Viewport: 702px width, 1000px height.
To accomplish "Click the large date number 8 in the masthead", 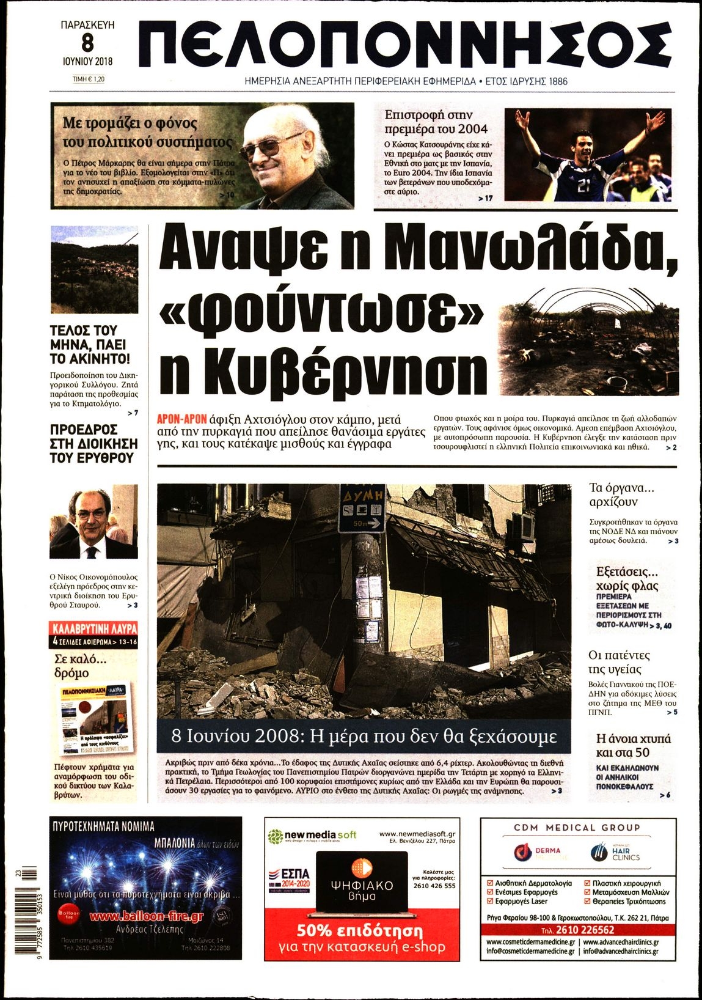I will click(x=88, y=42).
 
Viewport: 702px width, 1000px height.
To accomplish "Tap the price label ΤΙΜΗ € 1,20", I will click(x=89, y=79).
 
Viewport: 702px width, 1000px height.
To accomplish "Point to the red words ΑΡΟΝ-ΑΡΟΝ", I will click(x=181, y=420).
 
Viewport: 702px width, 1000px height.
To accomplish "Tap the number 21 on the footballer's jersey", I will click(x=583, y=186).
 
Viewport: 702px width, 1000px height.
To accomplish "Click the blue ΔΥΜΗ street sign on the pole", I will click(x=363, y=508).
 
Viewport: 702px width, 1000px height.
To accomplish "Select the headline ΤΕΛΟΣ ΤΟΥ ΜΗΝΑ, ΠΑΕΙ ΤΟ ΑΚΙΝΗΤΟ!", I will click(x=89, y=345).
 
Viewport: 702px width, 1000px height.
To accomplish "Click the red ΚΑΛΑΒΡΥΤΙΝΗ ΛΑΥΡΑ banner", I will click(x=94, y=628).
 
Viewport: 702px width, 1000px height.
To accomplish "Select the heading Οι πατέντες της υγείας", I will click(x=620, y=662).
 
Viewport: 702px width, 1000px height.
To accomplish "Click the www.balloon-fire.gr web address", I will click(x=146, y=916).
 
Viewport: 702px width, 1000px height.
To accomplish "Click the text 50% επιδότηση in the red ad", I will click(x=360, y=931).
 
